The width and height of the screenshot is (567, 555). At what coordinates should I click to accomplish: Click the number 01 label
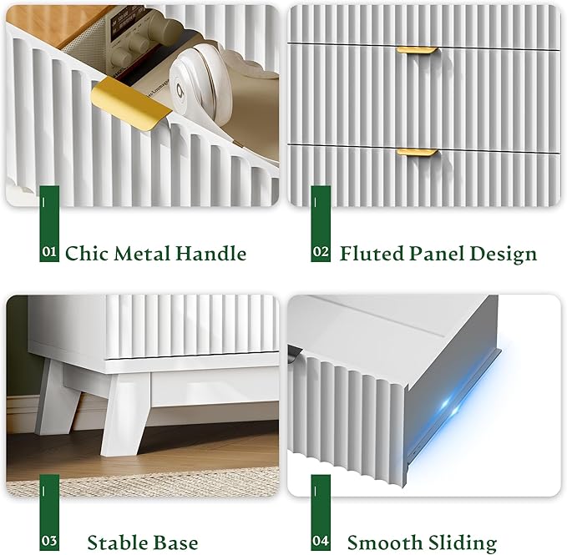pyautogui.click(x=48, y=251)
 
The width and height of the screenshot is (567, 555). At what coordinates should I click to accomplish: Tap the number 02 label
pyautogui.click(x=321, y=251)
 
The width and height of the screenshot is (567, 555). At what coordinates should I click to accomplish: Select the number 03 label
pyautogui.click(x=48, y=541)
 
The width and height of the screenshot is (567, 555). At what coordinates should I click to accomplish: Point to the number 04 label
pyautogui.click(x=321, y=541)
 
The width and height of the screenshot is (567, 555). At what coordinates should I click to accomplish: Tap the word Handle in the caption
pyautogui.click(x=210, y=253)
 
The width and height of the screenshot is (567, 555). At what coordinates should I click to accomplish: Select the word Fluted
pyautogui.click(x=372, y=253)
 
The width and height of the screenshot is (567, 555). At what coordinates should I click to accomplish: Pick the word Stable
pyautogui.click(x=113, y=542)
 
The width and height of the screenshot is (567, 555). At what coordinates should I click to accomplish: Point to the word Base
pyautogui.click(x=175, y=542)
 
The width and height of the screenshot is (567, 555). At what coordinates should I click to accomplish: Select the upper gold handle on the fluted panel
pyautogui.click(x=417, y=50)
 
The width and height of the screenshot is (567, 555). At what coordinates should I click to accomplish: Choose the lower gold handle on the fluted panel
pyautogui.click(x=418, y=152)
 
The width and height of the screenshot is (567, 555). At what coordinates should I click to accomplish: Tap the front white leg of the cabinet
pyautogui.click(x=124, y=415)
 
